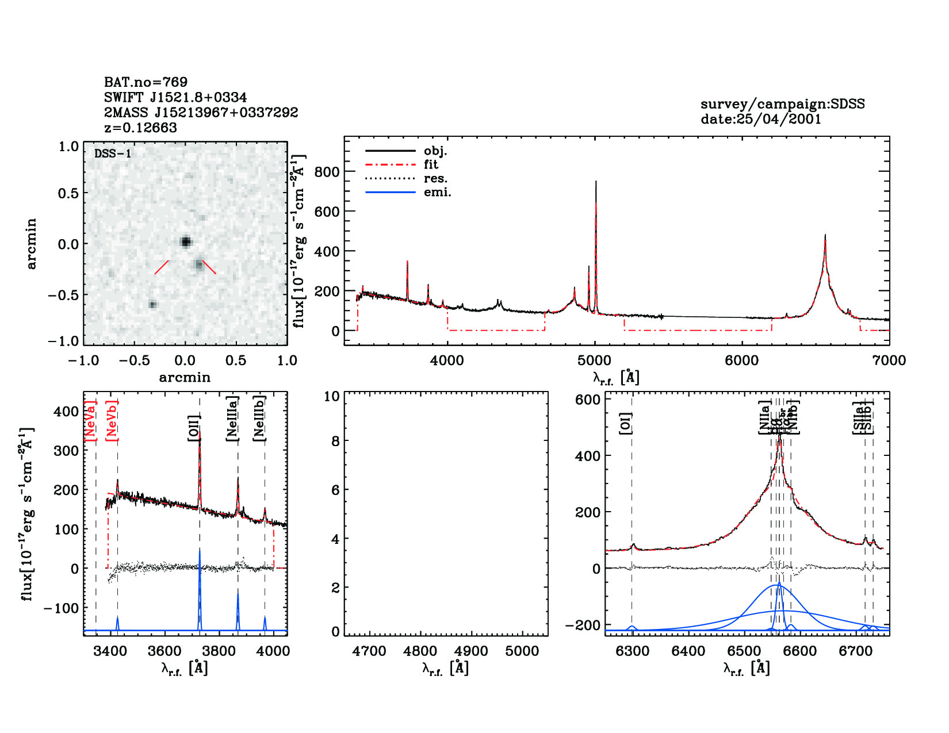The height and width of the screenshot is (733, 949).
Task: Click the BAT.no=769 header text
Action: pyautogui.click(x=146, y=82)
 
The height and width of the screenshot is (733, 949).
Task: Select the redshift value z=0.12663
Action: pyautogui.click(x=140, y=128)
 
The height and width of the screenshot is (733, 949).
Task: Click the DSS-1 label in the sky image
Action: pyautogui.click(x=113, y=153)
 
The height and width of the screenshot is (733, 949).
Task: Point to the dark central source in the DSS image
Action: pyautogui.click(x=185, y=241)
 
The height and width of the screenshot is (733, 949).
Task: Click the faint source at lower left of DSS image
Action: pyautogui.click(x=152, y=304)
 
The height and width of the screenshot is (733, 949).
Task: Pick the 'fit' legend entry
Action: pyautogui.click(x=431, y=165)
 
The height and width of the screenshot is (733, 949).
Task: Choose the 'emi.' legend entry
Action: pyautogui.click(x=437, y=193)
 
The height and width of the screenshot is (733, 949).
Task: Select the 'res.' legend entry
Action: pyautogui.click(x=435, y=179)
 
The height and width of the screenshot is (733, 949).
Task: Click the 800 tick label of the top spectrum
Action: pyautogui.click(x=327, y=172)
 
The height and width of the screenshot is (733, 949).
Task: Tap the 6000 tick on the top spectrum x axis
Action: pyautogui.click(x=741, y=360)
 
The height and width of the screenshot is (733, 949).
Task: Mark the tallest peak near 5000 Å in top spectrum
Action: pyautogui.click(x=596, y=183)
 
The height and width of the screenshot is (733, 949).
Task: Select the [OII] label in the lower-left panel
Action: pyautogui.click(x=194, y=428)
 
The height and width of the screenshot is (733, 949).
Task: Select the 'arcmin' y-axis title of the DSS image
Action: pyautogui.click(x=32, y=244)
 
